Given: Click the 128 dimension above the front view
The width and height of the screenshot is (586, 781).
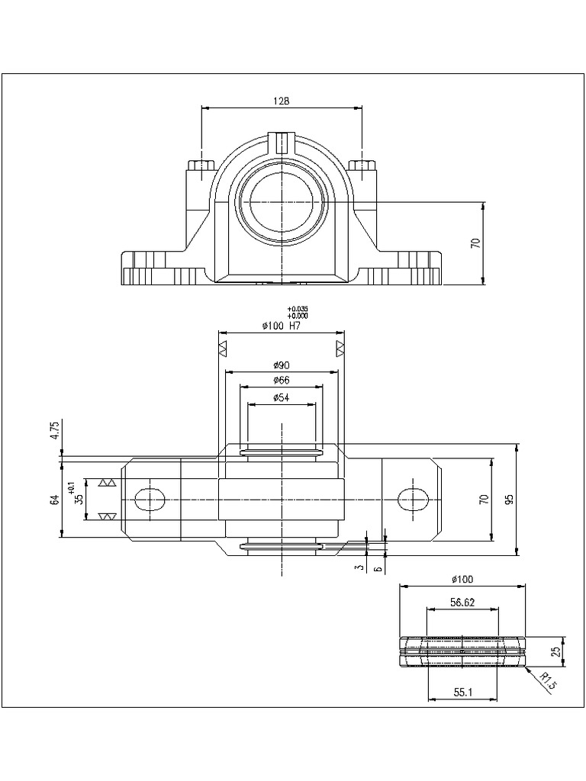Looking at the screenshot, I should [x=282, y=101].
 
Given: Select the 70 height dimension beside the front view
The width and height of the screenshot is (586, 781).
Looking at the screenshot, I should [x=475, y=243].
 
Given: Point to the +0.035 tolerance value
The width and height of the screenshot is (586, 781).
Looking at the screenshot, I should [x=298, y=309].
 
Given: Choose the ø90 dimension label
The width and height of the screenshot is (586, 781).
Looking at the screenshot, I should [x=282, y=365].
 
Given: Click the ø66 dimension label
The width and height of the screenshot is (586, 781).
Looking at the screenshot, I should [x=282, y=381].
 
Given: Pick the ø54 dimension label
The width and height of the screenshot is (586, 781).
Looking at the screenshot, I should [x=282, y=397].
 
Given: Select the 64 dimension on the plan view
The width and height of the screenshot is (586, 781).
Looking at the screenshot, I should [x=55, y=500].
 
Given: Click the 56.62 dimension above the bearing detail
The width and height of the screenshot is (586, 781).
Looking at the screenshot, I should [x=462, y=603].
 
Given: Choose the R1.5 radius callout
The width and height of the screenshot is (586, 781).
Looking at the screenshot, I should [x=547, y=681].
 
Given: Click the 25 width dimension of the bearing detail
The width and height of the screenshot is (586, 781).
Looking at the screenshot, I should [x=556, y=651].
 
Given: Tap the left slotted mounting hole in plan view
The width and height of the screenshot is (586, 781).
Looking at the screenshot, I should [x=150, y=500].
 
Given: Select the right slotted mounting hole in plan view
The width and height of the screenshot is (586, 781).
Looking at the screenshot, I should [x=414, y=499].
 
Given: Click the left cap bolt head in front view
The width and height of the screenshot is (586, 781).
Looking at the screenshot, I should [x=202, y=166].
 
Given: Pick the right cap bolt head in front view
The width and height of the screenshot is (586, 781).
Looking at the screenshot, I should [x=362, y=166].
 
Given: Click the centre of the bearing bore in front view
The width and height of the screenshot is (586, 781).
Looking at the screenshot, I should [x=282, y=202].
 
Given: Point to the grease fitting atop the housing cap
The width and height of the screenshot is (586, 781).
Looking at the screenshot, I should [x=282, y=141].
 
